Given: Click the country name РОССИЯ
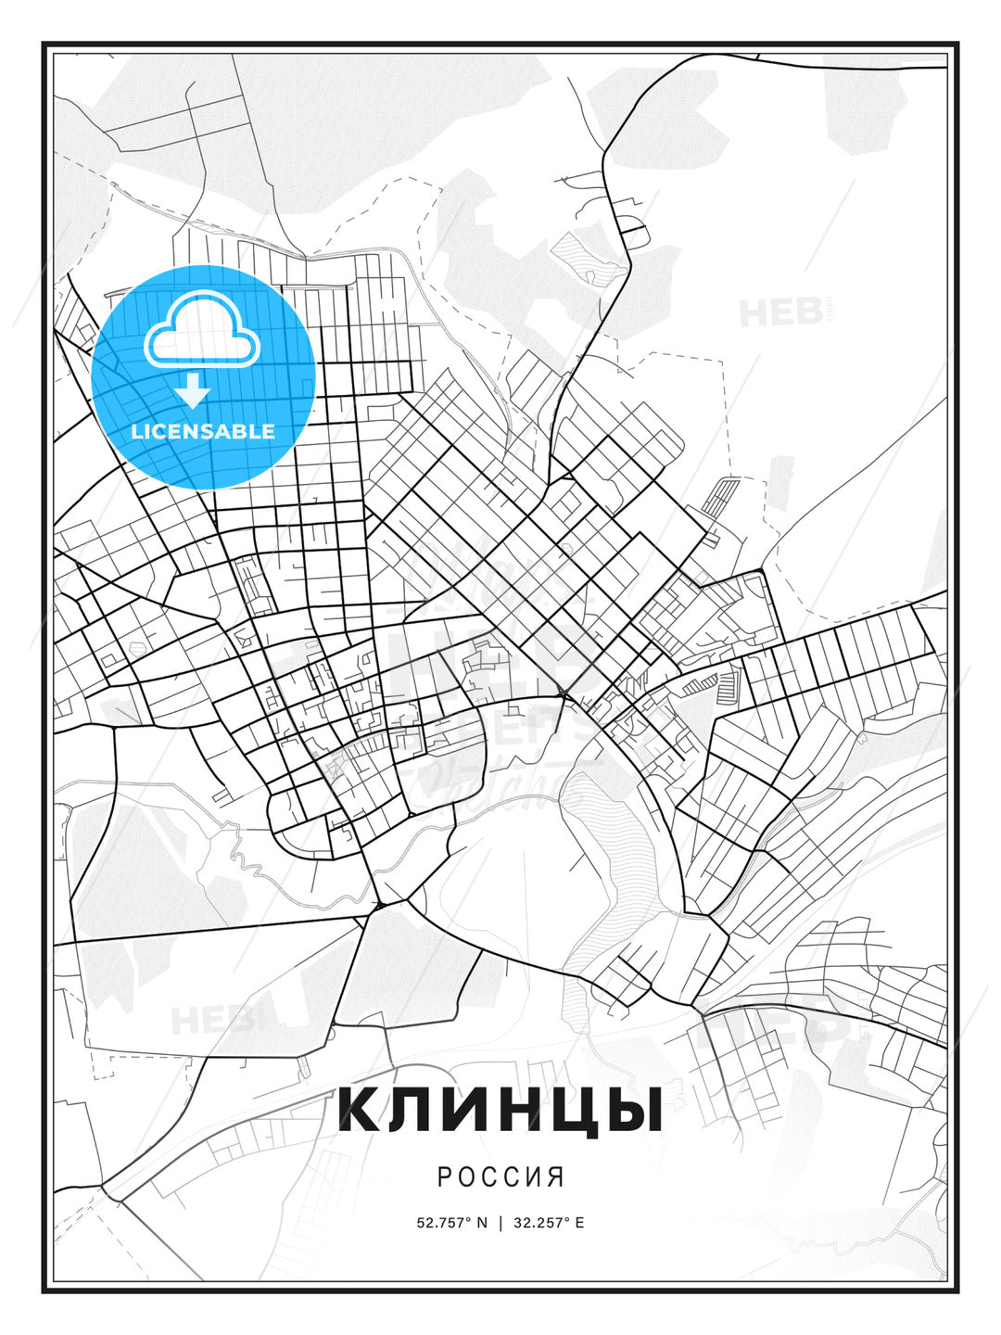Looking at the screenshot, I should [x=500, y=1177].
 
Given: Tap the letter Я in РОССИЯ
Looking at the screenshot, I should [x=556, y=1177].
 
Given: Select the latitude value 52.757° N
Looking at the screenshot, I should [x=451, y=1223].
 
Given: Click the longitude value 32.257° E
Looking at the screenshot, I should [x=548, y=1223].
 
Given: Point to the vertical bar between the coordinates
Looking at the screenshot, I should [x=501, y=1223].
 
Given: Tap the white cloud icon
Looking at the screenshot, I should [x=203, y=331].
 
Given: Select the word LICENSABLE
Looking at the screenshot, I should [x=203, y=431].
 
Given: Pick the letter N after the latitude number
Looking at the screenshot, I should [x=482, y=1223].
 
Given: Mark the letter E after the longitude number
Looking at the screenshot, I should [x=579, y=1223].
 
